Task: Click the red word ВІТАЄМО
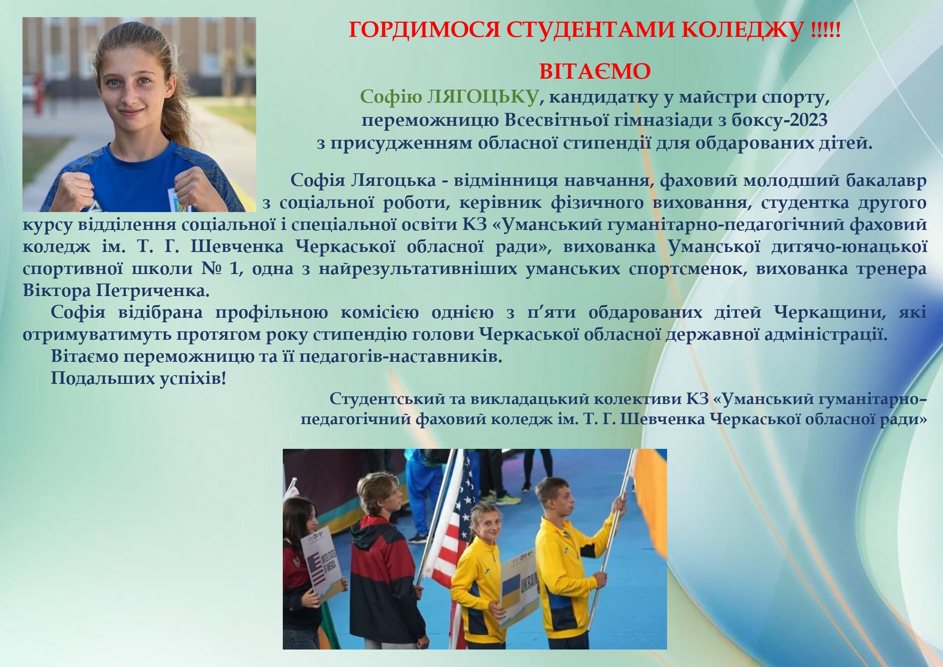click(x=595, y=71)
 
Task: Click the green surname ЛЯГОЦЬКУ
click(x=483, y=97)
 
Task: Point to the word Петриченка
click(x=153, y=290)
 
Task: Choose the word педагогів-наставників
click(x=401, y=356)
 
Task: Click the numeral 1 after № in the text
click(x=234, y=269)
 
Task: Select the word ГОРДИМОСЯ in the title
click(x=424, y=30)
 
